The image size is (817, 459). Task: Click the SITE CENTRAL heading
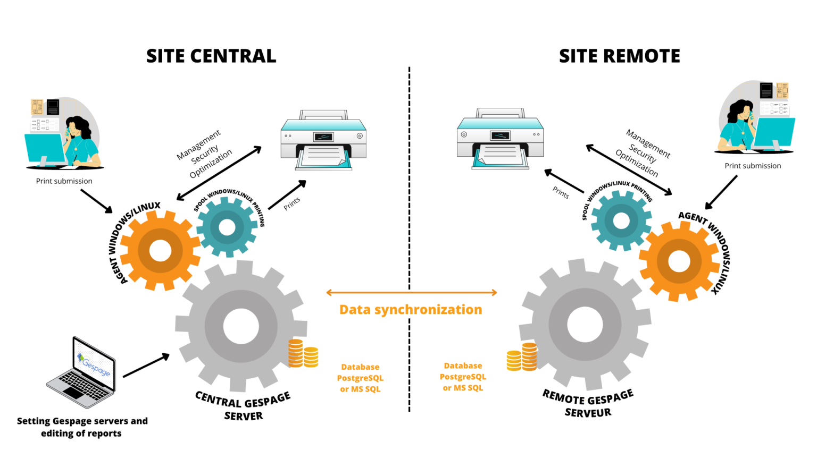point(211,56)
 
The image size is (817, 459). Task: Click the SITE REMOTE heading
point(619,56)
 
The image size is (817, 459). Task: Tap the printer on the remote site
point(500,139)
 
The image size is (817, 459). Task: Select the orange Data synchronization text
point(411,310)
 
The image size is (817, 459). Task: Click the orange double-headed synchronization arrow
point(411,292)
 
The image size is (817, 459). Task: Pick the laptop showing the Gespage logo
point(82,372)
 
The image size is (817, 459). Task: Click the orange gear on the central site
point(160,251)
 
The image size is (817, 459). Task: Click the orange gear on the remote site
point(679,261)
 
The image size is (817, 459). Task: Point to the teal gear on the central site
point(227,227)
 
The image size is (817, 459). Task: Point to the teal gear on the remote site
point(621,220)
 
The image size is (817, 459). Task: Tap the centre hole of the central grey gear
point(241,326)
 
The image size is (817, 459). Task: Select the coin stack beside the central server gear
point(303,354)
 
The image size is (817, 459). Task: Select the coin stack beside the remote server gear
point(522,357)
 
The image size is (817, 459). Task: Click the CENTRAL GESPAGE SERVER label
point(243,406)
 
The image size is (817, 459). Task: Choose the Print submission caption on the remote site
point(753,166)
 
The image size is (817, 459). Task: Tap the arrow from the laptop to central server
point(146,365)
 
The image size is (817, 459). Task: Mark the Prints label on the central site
point(292,203)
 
